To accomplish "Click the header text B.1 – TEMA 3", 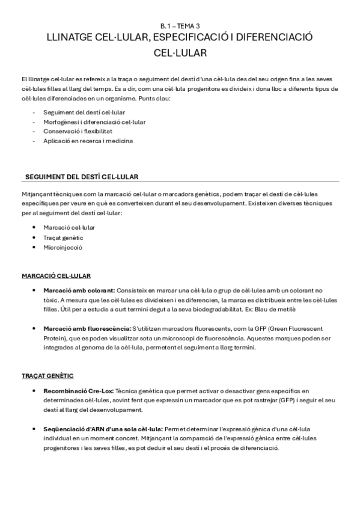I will coord(180,26).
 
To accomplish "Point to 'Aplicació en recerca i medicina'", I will coord(88,141).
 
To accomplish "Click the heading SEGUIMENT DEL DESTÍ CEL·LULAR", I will coord(81,177).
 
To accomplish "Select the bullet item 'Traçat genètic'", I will coord(63,238).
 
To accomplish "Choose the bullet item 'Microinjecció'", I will coord(63,247).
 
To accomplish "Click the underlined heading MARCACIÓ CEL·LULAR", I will coord(56,275).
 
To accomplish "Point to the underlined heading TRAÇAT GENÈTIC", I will coord(47,375).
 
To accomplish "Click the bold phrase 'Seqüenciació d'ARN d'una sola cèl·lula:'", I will coord(103,429).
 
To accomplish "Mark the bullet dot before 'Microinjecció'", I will coord(38,247).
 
